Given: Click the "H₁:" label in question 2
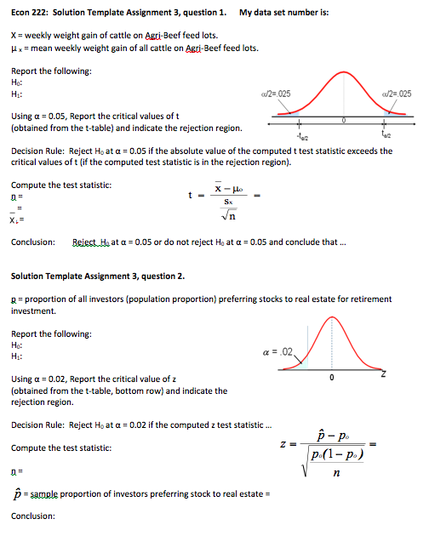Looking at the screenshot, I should (17, 357).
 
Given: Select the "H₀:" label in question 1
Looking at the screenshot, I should (17, 82).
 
